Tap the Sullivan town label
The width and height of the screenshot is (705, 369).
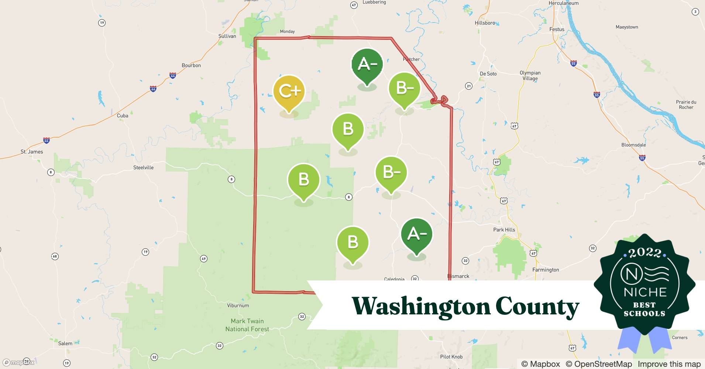[x=227, y=36]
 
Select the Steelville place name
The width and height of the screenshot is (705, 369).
[x=143, y=168]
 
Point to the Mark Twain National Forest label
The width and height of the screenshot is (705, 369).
[x=247, y=325]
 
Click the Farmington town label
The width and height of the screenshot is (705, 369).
[x=546, y=270]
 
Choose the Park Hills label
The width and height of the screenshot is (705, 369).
[x=504, y=230]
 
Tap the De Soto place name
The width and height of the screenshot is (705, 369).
[x=488, y=74]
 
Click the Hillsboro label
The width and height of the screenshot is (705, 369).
[x=485, y=23]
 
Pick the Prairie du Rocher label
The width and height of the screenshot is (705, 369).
[x=686, y=105]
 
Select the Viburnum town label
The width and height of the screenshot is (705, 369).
[x=238, y=306]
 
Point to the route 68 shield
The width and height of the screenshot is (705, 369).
[x=55, y=256]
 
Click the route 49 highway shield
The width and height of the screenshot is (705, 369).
[x=204, y=259]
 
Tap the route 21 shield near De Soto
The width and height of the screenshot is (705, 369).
[x=468, y=86]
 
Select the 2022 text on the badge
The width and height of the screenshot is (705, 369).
[x=644, y=253]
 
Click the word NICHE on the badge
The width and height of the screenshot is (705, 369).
[x=645, y=292]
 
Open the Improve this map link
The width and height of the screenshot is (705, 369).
[x=669, y=364]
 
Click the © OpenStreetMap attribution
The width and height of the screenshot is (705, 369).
[x=598, y=364]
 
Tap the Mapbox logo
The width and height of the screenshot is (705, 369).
[x=18, y=362]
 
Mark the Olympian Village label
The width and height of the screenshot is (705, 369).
[x=530, y=76]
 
